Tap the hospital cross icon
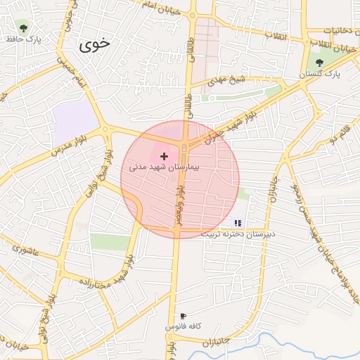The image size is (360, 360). [x=165, y=155]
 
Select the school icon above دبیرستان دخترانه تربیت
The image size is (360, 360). [x=238, y=222]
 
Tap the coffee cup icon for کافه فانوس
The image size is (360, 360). [x=184, y=316]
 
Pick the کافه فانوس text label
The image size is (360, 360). [x=184, y=327]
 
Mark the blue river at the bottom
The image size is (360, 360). [x=281, y=342]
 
